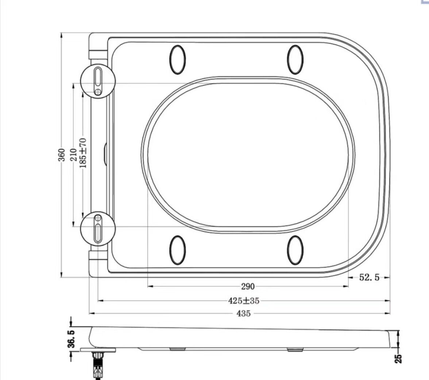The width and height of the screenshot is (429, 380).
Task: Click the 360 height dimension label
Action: tap(62, 155)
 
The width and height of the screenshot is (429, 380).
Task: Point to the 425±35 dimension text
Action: tap(244, 301)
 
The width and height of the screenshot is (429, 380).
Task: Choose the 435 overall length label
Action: tap(244, 313)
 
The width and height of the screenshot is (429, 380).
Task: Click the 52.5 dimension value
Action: tap(369, 278)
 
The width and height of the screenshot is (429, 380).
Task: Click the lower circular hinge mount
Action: tap(98, 229)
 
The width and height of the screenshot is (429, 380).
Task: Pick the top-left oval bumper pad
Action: tap(178, 60)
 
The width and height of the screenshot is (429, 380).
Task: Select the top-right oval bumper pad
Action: tap(295, 60)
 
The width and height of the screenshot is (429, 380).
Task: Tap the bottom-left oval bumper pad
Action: tap(178, 250)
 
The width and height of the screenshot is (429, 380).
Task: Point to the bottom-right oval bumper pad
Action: tap(295, 250)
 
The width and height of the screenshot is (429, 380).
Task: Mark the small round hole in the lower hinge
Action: tap(98, 218)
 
